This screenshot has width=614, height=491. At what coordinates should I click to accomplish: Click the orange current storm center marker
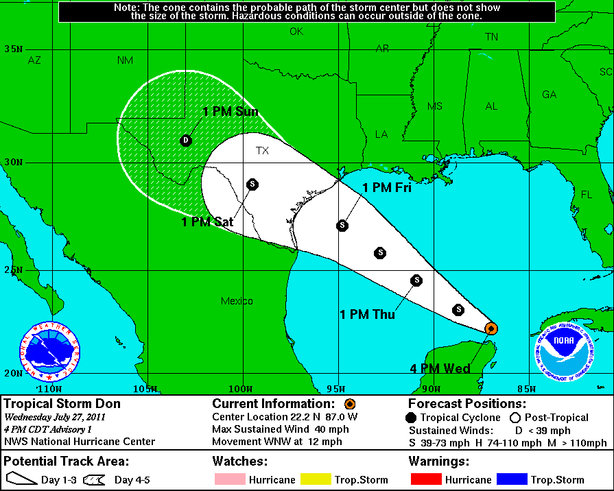pyautogui.click(x=491, y=328)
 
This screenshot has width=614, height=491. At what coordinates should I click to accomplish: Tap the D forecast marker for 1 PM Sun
pyautogui.click(x=185, y=140)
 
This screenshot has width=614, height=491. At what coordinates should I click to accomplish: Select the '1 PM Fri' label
pyautogui.click(x=387, y=187)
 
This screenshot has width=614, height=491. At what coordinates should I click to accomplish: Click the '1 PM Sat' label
pyautogui.click(x=207, y=222)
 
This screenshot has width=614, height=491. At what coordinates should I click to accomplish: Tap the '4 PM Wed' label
pyautogui.click(x=440, y=369)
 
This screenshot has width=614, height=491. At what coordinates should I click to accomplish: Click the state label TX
pyautogui.click(x=262, y=151)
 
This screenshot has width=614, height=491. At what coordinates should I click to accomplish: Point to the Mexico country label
pyautogui.click(x=237, y=301)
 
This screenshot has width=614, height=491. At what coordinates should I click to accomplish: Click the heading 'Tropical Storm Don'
pyautogui.click(x=62, y=404)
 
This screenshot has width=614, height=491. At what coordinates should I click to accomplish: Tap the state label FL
pyautogui.click(x=586, y=195)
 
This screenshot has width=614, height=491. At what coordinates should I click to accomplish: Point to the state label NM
pyautogui.click(x=125, y=60)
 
